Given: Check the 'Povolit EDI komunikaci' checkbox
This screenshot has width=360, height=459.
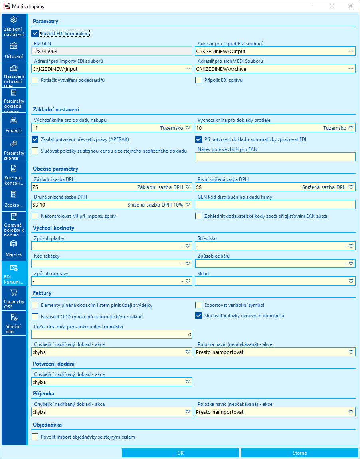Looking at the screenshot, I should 35,34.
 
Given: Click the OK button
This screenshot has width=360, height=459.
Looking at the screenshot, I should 180,453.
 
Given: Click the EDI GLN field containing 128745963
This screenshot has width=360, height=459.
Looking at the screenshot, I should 111,51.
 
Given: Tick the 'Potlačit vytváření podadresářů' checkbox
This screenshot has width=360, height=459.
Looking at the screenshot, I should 35,80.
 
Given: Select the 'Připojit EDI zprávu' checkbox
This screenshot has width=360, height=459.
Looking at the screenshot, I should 198,80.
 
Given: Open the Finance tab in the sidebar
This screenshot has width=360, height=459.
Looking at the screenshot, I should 14,125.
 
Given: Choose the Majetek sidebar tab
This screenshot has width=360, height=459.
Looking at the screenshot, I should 14,248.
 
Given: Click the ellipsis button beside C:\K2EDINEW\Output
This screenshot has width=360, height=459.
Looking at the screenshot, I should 351,51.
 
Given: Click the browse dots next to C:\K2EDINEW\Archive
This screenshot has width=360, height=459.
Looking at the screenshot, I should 351,69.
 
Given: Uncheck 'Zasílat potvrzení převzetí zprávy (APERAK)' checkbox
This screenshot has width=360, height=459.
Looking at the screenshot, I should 35,139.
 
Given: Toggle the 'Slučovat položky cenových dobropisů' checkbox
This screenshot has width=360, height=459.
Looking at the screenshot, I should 198,316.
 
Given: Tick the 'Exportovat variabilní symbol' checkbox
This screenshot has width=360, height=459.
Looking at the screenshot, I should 198,305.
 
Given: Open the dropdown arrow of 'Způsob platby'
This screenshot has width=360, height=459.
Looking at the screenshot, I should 188,246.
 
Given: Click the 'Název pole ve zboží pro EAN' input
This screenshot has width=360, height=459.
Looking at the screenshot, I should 275,157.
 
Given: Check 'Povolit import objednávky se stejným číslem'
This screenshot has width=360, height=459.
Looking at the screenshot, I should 35,437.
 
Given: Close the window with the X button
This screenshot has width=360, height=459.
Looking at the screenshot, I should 350,6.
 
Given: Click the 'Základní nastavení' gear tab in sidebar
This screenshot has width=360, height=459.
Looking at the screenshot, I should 14,26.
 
